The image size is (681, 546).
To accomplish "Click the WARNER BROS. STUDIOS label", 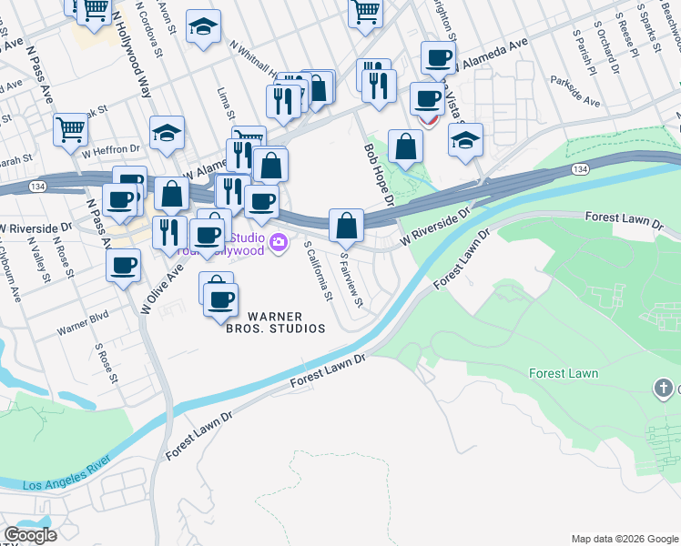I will click(x=276, y=323).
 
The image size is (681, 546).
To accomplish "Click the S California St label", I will click(x=318, y=270).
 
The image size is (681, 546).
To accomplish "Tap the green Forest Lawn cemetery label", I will click(x=564, y=373).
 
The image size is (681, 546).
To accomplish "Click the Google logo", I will click(x=30, y=535).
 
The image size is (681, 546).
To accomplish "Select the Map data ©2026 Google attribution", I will click(x=625, y=539).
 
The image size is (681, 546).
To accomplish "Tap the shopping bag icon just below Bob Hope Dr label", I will click(x=405, y=147).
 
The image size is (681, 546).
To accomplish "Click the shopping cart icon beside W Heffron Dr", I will click(x=70, y=129).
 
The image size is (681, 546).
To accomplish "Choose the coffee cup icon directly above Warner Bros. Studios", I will click(x=219, y=299).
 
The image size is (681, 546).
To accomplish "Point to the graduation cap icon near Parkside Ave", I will click(x=465, y=141).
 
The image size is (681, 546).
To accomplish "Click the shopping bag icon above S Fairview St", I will click(x=347, y=226).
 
